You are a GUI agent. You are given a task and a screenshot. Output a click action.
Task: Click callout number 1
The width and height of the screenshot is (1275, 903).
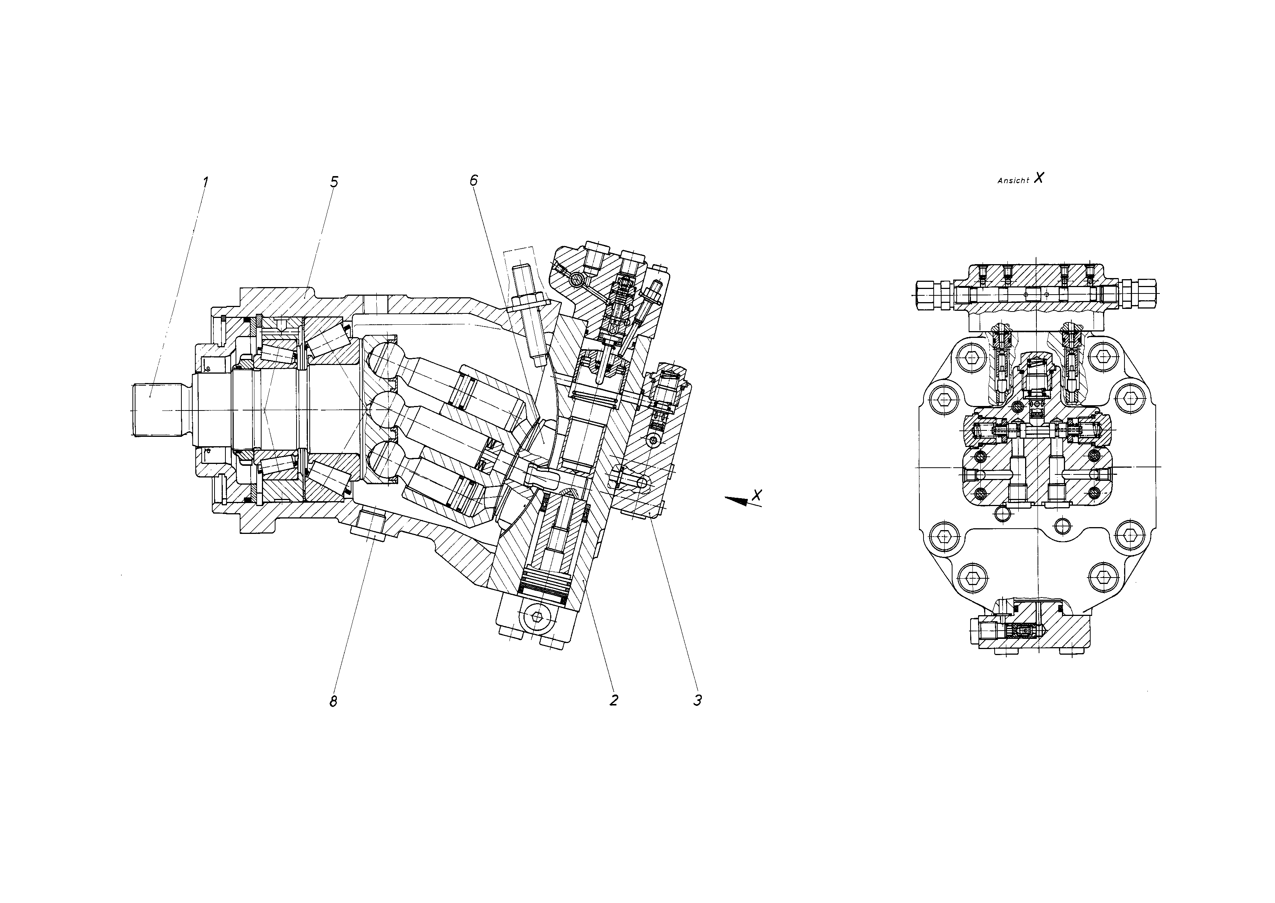205,182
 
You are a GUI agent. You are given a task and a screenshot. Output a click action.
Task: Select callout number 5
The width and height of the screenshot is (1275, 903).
334,182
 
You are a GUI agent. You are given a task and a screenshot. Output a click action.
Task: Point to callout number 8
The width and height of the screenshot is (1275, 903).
333,702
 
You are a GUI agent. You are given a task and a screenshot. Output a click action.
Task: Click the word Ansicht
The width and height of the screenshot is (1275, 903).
1013,181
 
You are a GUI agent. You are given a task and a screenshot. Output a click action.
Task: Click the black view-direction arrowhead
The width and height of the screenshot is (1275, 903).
737,500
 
